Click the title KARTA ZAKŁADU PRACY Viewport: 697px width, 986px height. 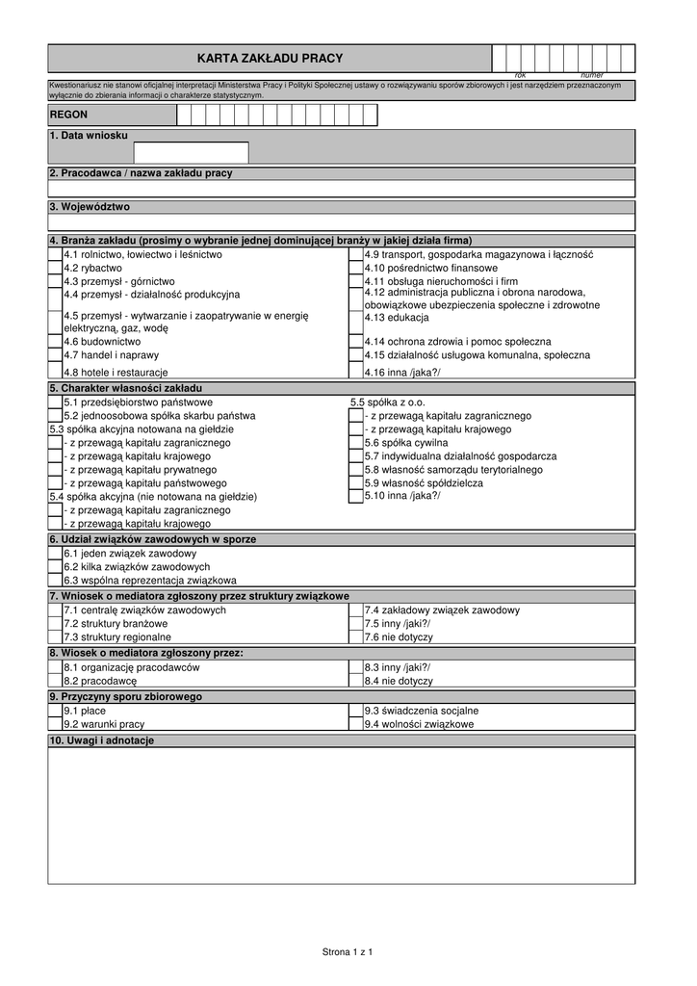tap(270, 59)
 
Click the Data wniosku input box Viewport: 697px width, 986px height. tap(191, 152)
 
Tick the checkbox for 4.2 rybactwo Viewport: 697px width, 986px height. tap(55, 268)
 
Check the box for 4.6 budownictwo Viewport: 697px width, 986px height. tap(55, 341)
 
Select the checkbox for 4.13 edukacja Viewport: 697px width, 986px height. tap(356, 317)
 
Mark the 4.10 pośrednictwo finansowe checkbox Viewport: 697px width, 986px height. tap(356, 268)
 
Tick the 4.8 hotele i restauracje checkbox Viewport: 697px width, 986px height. tap(55, 372)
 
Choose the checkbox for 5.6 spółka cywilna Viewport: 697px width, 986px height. tap(356, 443)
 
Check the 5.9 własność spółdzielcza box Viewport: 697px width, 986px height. tap(356, 483)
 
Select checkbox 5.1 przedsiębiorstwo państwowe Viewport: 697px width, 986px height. tap(55, 402)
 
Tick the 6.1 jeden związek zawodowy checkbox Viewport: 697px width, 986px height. tap(55, 554)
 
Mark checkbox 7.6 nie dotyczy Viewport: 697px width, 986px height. tap(356, 636)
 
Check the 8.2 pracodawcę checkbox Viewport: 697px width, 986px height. tap(55, 680)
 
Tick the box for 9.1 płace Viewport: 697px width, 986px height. tap(55, 711)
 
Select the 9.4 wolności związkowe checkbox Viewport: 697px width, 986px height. tap(356, 724)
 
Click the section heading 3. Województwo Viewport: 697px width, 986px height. tap(90, 207)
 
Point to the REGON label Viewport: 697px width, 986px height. tap(68, 115)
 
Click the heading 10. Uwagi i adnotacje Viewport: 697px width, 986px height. tap(101, 740)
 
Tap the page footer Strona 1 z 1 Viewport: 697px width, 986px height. tap(348, 952)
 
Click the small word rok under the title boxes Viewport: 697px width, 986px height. tap(521, 75)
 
